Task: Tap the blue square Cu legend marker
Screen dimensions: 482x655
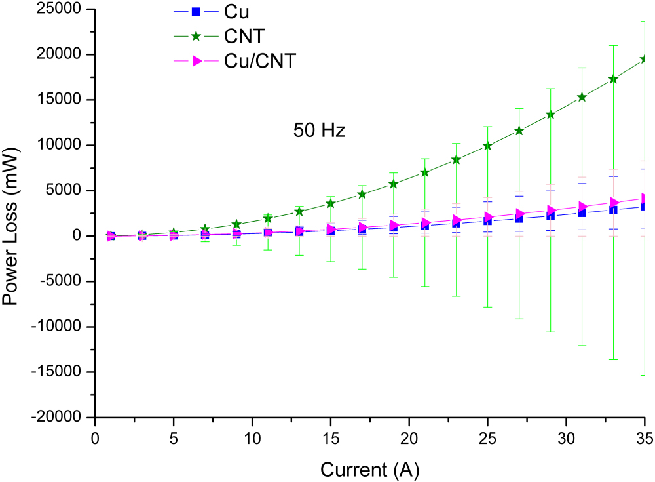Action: click(x=195, y=11)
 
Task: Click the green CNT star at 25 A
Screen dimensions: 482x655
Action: click(x=487, y=146)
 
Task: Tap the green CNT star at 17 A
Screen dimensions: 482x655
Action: click(x=362, y=194)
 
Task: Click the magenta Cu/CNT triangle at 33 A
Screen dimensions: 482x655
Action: click(x=614, y=203)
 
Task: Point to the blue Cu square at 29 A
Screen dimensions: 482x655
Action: click(x=550, y=215)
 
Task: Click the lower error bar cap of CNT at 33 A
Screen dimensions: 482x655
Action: click(x=613, y=359)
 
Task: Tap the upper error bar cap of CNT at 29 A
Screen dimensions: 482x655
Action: click(x=550, y=89)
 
